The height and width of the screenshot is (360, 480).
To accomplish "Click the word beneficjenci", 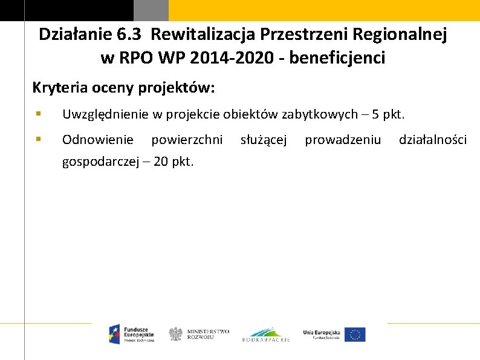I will coord(337,58).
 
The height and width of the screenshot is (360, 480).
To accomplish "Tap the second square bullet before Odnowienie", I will coord(38,139).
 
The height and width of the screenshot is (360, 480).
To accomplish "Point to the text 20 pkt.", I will coord(174,162).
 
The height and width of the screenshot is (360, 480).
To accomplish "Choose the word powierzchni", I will coord(187,140).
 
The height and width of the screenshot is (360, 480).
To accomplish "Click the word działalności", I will coord(432,140).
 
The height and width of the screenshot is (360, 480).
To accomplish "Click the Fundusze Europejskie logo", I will coord(132,334).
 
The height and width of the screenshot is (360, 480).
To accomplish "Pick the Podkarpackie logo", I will coord(266,335).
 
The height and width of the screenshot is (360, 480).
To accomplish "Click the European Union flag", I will coord(355,334).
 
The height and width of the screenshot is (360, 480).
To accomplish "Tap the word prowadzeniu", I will coord(343,140).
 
